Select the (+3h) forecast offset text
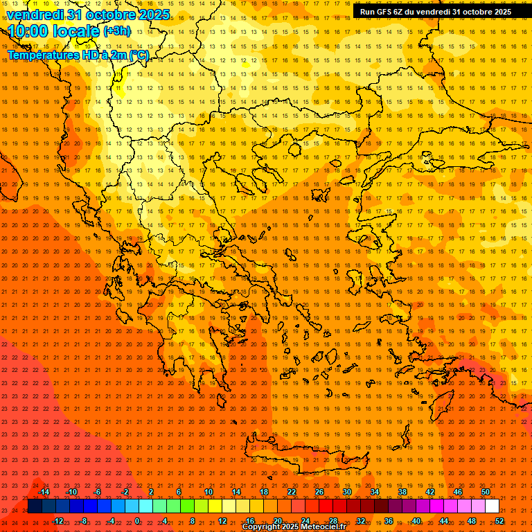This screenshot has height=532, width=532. tap(116, 31)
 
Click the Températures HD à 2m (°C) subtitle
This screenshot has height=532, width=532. tap(78, 55)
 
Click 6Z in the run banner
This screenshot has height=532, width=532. tap(399, 12)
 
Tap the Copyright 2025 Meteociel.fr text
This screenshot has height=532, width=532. tap(294, 527)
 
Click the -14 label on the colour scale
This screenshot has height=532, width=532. tap(44, 492)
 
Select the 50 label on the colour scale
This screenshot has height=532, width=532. tap(486, 492)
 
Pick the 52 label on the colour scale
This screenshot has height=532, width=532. tap(499, 520)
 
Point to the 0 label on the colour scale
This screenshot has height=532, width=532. tap(137, 520)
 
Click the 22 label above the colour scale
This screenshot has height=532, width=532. tap(292, 492)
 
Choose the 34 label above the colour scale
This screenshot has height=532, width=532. tap(375, 492)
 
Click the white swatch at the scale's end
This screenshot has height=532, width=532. tap(492, 506)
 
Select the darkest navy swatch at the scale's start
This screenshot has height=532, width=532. tap(35, 506)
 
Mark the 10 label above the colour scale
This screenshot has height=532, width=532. tap(208, 492)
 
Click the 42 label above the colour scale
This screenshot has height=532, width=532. tap(430, 492)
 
